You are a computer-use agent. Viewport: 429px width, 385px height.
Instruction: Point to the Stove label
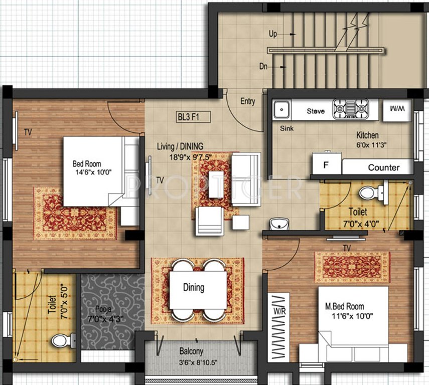[316, 111]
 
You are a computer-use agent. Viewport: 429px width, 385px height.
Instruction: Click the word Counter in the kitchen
[384, 167]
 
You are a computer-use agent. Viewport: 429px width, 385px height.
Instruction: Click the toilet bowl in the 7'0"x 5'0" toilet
[61, 341]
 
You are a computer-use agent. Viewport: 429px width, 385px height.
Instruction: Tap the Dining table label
[193, 288]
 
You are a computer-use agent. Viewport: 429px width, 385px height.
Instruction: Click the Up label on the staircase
[273, 34]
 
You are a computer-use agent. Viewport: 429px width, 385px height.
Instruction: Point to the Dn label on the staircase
[263, 66]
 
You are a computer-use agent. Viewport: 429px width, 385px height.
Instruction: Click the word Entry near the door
[248, 101]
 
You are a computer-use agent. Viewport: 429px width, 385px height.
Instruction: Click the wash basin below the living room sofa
[277, 223]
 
